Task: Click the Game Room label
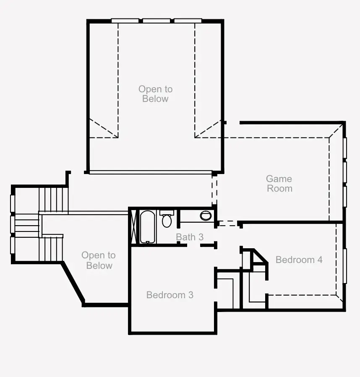pyautogui.click(x=279, y=183)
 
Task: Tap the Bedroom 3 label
pyautogui.click(x=170, y=295)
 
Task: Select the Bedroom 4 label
pyautogui.click(x=299, y=260)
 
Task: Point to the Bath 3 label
pyautogui.click(x=190, y=237)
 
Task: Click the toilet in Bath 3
pyautogui.click(x=167, y=218)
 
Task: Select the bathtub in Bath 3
pyautogui.click(x=148, y=227)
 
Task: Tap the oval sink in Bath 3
pyautogui.click(x=206, y=216)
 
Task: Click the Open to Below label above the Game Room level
pyautogui.click(x=155, y=94)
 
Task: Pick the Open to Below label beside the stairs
pyautogui.click(x=99, y=260)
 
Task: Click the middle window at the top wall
pyautogui.click(x=157, y=21)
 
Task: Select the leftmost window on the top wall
pyautogui.click(x=125, y=21)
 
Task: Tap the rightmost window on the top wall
pyautogui.click(x=188, y=21)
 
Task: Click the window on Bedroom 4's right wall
pyautogui.click(x=345, y=266)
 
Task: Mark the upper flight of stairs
pyautogui.click(x=54, y=200)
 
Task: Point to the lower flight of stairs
pyautogui.click(x=51, y=249)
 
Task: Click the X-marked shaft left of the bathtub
pyautogui.click(x=133, y=227)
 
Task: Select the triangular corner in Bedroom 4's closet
pyautogui.click(x=259, y=257)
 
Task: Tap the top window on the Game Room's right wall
pyautogui.click(x=345, y=148)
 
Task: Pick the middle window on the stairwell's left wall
pyautogui.click(x=12, y=224)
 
